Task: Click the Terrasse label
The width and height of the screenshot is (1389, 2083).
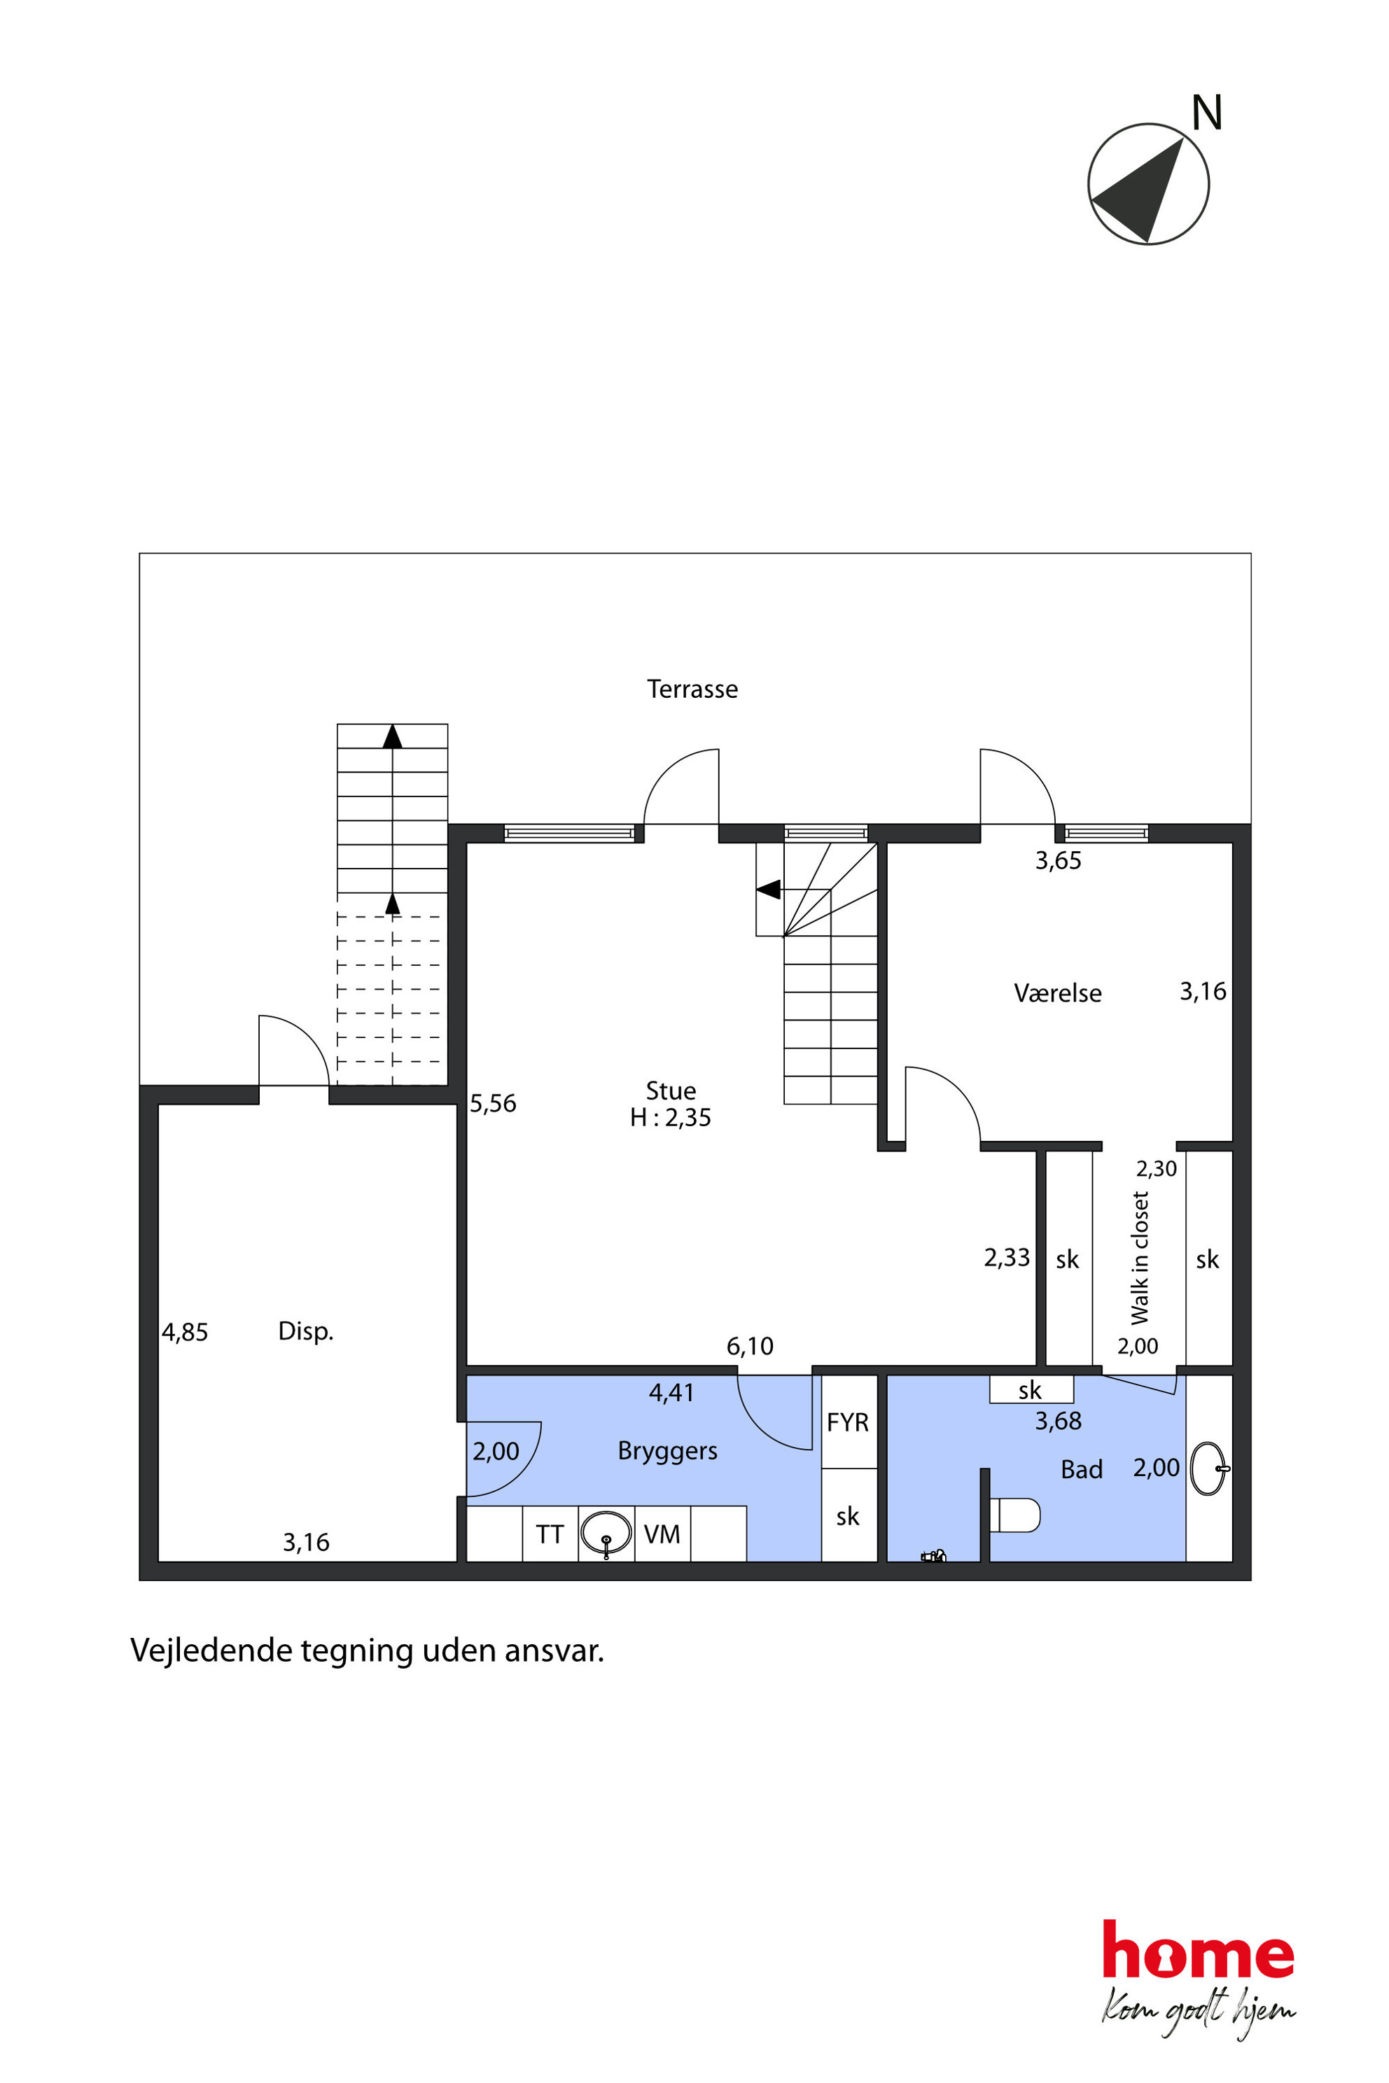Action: point(692,689)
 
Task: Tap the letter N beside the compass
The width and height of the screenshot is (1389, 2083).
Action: point(1206,113)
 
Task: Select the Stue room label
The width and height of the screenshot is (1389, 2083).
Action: point(671,1090)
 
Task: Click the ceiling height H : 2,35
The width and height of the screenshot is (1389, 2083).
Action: point(671,1118)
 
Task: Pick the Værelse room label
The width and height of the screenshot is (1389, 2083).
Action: point(1058,993)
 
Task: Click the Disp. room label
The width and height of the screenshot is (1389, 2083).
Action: point(306,1331)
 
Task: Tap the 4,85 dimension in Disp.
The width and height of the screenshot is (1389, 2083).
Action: point(184,1332)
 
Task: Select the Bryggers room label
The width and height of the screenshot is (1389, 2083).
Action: point(667,1452)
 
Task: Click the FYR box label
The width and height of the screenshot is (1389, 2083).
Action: point(848,1422)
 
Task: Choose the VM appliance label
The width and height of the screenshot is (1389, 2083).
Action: point(662,1534)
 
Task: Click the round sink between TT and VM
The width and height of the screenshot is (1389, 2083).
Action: point(606,1533)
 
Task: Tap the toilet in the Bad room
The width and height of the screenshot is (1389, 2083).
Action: point(1014,1515)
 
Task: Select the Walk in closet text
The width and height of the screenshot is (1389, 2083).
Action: point(1139,1258)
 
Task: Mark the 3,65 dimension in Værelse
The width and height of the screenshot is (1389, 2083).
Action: point(1058,860)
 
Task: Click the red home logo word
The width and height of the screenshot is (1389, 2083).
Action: point(1198,1949)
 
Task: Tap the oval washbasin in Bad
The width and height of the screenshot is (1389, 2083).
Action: point(1209,1469)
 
